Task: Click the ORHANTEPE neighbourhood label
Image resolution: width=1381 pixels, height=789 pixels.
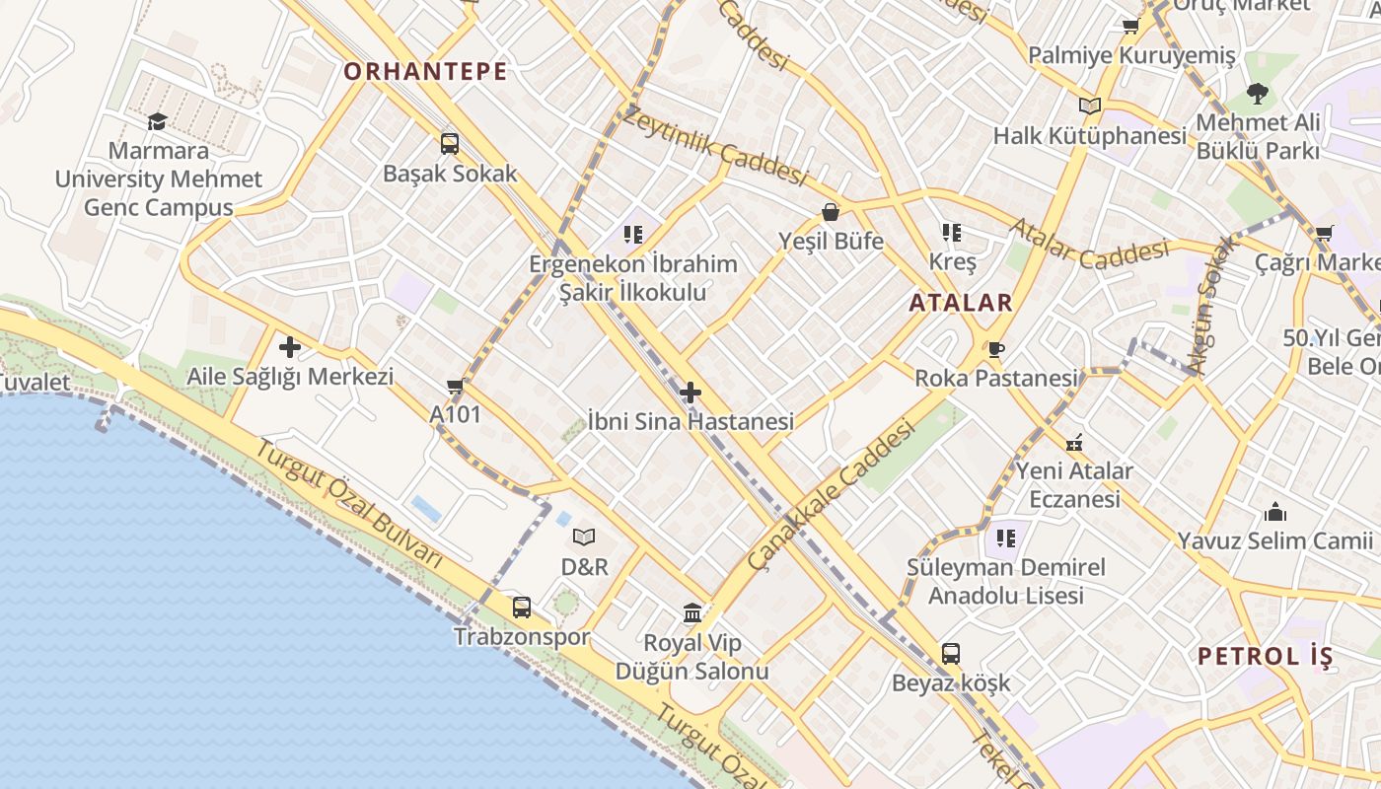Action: [425, 71]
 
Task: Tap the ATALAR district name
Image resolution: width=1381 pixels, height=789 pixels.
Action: [961, 303]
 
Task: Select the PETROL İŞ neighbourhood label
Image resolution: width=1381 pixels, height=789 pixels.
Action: [1265, 656]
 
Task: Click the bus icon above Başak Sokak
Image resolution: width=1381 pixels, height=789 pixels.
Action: [450, 144]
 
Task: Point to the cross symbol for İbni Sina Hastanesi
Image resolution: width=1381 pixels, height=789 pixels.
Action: [690, 393]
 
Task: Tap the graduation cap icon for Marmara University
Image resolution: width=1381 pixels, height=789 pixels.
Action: [158, 121]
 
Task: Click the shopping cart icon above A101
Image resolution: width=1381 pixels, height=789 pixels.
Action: [455, 386]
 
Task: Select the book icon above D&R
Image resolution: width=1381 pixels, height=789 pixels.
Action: [584, 538]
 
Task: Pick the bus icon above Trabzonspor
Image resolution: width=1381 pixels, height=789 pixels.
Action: [522, 608]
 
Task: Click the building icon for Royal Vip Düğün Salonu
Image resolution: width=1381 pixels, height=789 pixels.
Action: [692, 613]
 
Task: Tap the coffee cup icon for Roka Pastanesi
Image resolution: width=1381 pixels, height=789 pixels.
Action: [996, 349]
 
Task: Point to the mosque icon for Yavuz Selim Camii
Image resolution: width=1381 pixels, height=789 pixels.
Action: [1275, 512]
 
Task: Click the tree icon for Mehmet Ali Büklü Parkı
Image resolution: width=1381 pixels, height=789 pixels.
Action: [1257, 94]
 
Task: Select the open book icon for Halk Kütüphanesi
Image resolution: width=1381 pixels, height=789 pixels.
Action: [1089, 107]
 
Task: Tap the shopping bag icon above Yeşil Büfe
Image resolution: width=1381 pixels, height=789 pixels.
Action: [831, 212]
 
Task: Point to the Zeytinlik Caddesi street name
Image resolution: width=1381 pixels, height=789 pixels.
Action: [715, 147]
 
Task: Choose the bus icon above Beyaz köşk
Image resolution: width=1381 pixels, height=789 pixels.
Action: [951, 653]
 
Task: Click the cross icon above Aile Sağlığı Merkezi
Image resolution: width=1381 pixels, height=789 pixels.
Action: [290, 347]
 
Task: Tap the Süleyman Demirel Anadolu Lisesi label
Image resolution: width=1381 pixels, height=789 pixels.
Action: [1006, 582]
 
